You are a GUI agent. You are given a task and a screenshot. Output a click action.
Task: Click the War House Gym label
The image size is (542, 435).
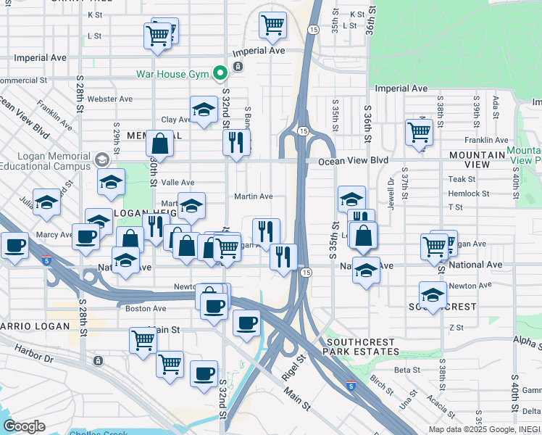[172, 74]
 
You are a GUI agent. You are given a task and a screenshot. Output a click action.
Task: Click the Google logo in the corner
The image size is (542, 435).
[24, 426]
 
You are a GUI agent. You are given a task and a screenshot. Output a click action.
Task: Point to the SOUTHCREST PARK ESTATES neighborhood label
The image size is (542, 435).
[362, 347]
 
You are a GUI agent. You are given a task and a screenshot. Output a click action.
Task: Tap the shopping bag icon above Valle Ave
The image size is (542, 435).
[159, 144]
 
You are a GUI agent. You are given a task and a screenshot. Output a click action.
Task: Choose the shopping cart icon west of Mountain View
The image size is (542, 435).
[419, 132]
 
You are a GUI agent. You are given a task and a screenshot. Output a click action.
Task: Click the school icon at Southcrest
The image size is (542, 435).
[432, 295]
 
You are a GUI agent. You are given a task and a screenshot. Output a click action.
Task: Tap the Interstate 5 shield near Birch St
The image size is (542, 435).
[351, 387]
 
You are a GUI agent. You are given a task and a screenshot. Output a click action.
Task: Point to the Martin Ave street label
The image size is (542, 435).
[253, 196]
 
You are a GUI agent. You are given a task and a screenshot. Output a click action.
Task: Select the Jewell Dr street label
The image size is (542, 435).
[391, 191]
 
